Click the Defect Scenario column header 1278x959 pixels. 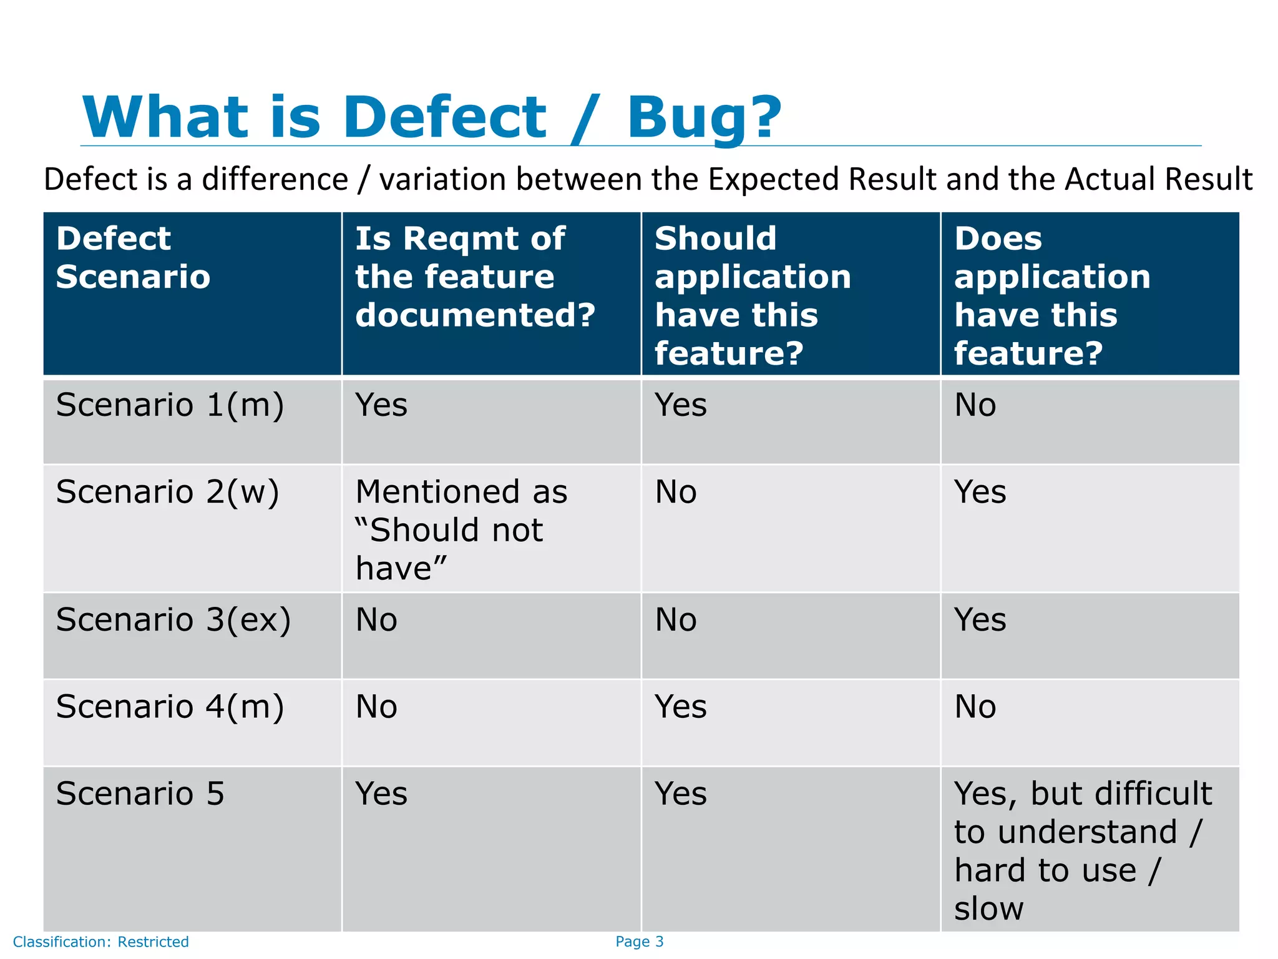click(133, 257)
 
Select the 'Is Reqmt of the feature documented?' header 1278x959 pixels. click(475, 277)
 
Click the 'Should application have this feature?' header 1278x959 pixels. click(753, 295)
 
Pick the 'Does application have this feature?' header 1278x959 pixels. click(1052, 295)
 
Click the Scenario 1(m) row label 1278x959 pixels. click(170, 405)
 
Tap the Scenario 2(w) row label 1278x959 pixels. click(167, 492)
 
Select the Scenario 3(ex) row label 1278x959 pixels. click(173, 620)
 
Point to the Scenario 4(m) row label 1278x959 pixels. click(170, 707)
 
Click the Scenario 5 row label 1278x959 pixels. click(140, 794)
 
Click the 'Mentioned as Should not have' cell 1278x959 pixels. click(461, 529)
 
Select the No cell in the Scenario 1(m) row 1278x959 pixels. click(975, 405)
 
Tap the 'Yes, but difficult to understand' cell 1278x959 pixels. click(1082, 850)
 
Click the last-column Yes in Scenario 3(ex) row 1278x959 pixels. click(980, 620)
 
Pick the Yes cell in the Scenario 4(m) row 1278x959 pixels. click(680, 707)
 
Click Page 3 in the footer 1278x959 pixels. click(639, 942)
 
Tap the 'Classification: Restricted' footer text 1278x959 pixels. click(100, 942)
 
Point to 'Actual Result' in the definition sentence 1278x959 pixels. click(1158, 180)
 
